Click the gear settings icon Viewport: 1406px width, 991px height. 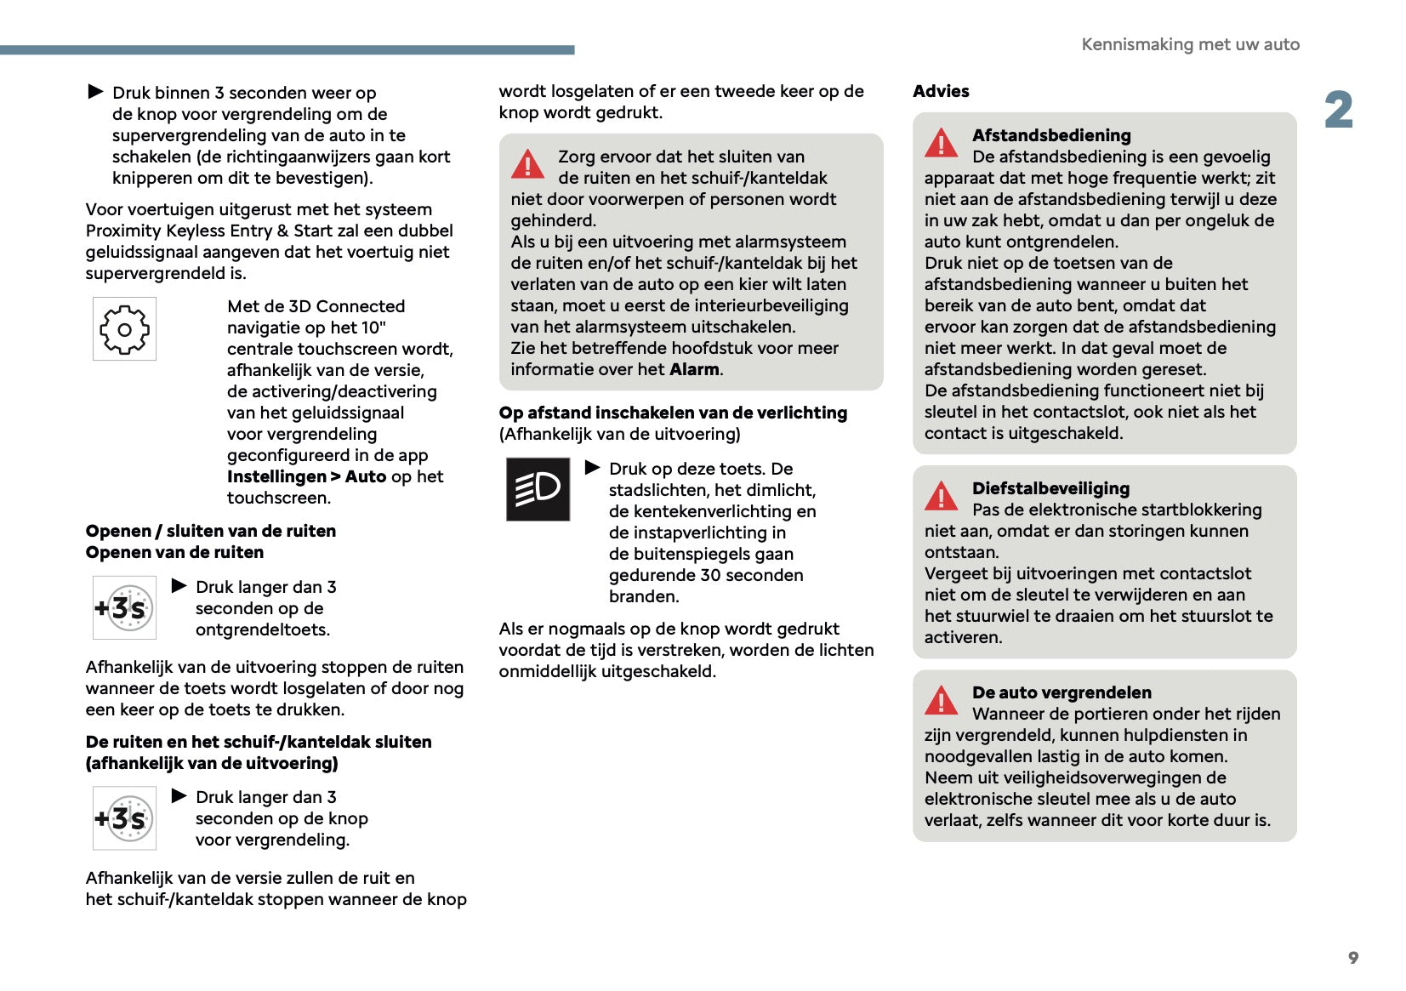[x=124, y=329]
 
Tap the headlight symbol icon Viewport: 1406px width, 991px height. [x=538, y=489]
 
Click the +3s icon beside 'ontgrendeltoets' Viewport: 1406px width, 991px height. [x=124, y=607]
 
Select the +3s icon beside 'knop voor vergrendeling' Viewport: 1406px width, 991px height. [x=124, y=818]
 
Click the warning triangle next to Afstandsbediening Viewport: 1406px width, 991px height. [x=942, y=143]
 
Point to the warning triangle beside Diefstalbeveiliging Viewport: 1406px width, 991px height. [x=942, y=496]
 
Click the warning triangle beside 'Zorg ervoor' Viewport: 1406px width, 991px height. [x=527, y=163]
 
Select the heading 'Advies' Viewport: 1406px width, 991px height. [x=941, y=91]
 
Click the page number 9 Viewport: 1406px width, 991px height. [x=1352, y=958]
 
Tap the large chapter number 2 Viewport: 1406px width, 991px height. [x=1338, y=111]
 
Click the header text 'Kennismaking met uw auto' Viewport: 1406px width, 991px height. [x=1190, y=44]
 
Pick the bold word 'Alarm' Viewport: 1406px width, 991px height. [x=695, y=369]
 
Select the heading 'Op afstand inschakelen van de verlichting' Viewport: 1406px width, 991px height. [x=673, y=413]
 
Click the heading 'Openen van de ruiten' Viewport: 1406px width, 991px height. [x=174, y=552]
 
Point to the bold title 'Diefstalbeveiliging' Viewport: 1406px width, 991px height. [x=1050, y=488]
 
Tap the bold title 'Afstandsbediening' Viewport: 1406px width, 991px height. [x=1051, y=135]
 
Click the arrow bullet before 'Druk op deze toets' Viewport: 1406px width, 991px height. [x=593, y=468]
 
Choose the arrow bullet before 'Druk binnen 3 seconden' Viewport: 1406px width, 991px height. [x=96, y=91]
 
